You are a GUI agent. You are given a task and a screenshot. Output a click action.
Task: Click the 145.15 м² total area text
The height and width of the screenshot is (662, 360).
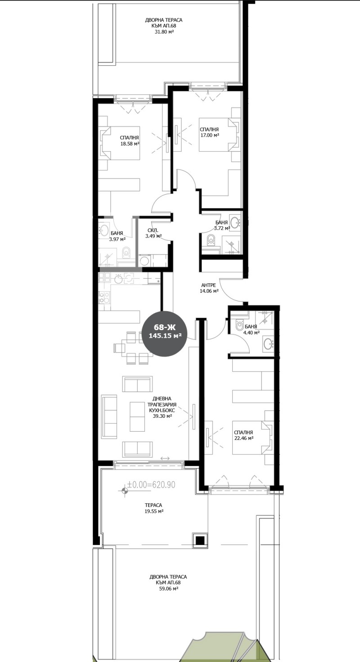coord(162,335)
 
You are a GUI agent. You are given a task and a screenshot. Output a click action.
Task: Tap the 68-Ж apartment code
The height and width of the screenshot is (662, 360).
coord(161,327)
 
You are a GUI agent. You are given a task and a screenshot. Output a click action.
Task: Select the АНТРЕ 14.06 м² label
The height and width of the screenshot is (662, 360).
coord(209,288)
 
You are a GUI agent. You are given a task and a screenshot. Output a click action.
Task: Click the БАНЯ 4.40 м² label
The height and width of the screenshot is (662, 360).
coord(251,329)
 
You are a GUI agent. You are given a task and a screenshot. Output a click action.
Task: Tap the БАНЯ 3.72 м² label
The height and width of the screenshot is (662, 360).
coord(222,225)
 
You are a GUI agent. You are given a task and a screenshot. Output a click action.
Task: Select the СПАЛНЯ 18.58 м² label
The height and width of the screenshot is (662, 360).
coord(129,141)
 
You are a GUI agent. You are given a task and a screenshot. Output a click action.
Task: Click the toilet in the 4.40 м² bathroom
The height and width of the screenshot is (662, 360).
coord(239,325)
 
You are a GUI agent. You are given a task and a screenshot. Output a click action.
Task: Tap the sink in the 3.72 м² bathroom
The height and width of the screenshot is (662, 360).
coord(235,221)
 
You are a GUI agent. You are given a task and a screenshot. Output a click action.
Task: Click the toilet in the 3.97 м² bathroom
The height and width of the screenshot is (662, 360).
coord(126,252)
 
